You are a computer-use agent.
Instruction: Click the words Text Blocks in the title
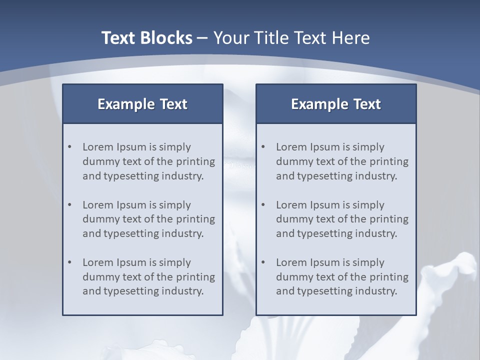146,38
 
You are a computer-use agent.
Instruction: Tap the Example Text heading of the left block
142,104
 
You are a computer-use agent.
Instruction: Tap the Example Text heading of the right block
336,104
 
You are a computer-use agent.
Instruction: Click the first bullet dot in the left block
69,147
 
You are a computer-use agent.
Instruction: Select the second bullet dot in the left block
69,205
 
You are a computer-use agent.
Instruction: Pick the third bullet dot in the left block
69,262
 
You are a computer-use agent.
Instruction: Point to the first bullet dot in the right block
263,147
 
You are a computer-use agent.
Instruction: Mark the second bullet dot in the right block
263,205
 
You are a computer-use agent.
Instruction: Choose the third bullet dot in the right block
263,262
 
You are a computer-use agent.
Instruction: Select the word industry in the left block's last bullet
183,291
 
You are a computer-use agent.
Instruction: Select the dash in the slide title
202,38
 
